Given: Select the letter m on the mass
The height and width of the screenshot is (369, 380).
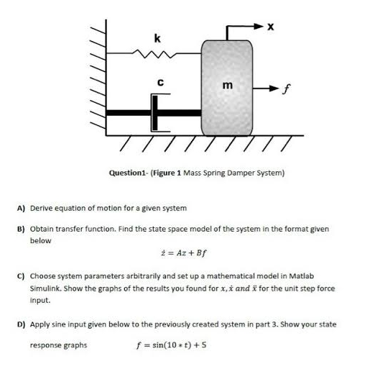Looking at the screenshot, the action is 228,86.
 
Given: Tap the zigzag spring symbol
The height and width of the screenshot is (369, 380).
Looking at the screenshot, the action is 157,52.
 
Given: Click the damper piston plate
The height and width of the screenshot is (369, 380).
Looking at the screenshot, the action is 153,112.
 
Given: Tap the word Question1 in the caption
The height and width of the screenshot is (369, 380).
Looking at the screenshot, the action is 126,173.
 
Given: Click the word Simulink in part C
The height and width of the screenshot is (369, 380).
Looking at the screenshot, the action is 45,288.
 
